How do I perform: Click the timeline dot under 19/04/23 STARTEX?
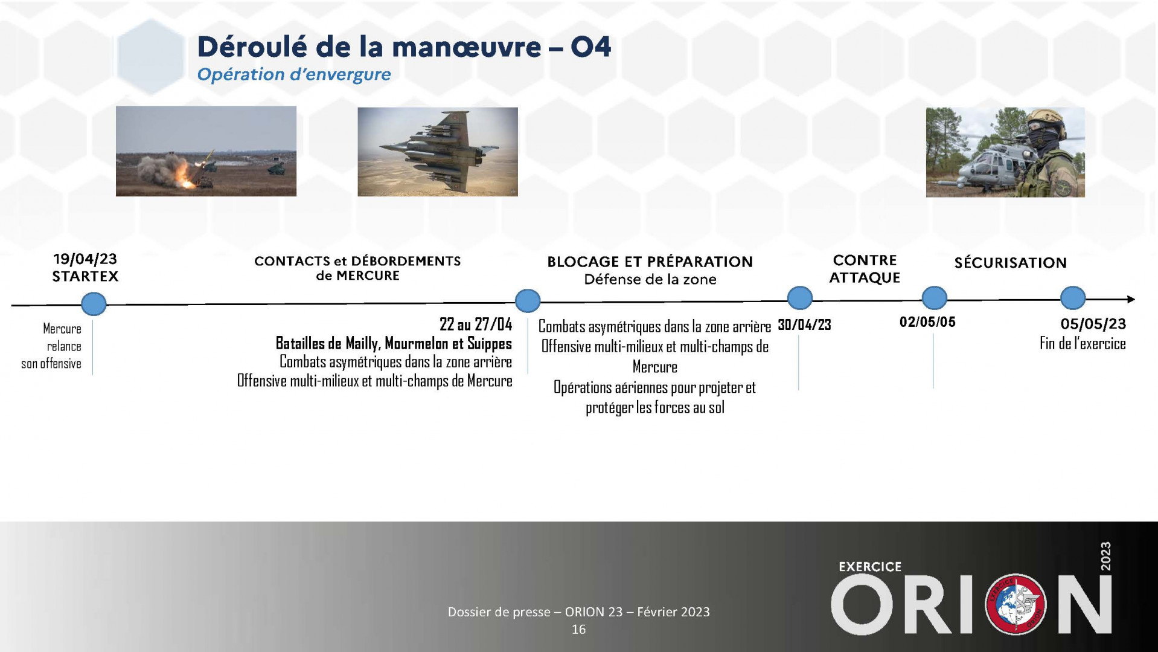(94, 303)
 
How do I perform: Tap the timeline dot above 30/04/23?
(800, 299)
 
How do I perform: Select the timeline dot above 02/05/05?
(935, 299)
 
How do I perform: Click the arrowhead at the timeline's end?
(1131, 299)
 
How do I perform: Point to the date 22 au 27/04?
(476, 324)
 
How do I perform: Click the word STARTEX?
(85, 277)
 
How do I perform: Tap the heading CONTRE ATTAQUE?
(865, 269)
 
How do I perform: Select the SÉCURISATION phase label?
(1011, 263)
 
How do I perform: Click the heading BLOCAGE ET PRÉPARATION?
(650, 262)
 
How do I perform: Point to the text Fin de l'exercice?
(1083, 344)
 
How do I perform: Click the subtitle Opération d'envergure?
(294, 75)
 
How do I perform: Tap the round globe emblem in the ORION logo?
(1016, 604)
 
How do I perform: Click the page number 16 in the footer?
(578, 630)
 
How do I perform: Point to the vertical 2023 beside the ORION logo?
(1105, 556)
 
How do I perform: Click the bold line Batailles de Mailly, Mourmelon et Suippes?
(394, 344)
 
